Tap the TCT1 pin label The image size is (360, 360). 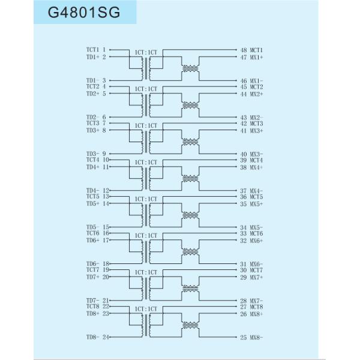[92, 49]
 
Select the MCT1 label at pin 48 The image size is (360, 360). [256, 50]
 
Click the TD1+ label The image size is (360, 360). [92, 57]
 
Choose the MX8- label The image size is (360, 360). [256, 338]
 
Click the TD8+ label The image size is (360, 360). [92, 314]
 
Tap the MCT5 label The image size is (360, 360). [256, 197]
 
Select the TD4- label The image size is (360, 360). [92, 191]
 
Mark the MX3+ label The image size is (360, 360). [256, 131]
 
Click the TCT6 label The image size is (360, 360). [92, 233]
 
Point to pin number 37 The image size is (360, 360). [244, 191]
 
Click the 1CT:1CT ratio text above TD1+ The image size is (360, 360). [146, 52]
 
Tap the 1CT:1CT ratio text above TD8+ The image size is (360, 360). [146, 309]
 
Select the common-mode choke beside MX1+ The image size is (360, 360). [190, 69]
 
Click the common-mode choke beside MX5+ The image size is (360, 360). [190, 215]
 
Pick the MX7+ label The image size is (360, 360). [256, 277]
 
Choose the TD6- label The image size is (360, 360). [92, 264]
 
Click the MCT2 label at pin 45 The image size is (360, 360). [256, 87]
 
